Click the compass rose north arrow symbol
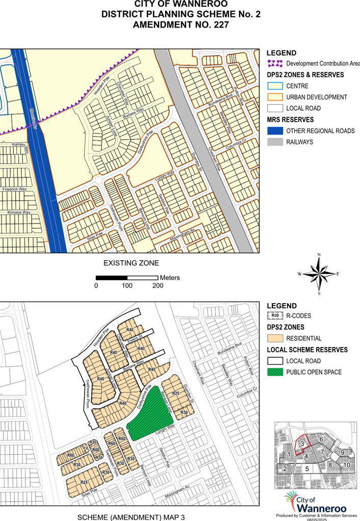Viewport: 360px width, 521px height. tap(319, 274)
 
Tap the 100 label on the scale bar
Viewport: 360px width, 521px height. tap(127, 286)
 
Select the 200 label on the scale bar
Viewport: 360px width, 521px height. tap(158, 286)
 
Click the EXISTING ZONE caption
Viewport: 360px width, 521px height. tap(131, 263)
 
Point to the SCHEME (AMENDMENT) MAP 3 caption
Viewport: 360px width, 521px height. tap(131, 517)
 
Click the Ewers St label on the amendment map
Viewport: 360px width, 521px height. tap(135, 338)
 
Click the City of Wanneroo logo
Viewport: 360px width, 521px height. tap(315, 503)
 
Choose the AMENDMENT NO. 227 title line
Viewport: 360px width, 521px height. tap(180, 24)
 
